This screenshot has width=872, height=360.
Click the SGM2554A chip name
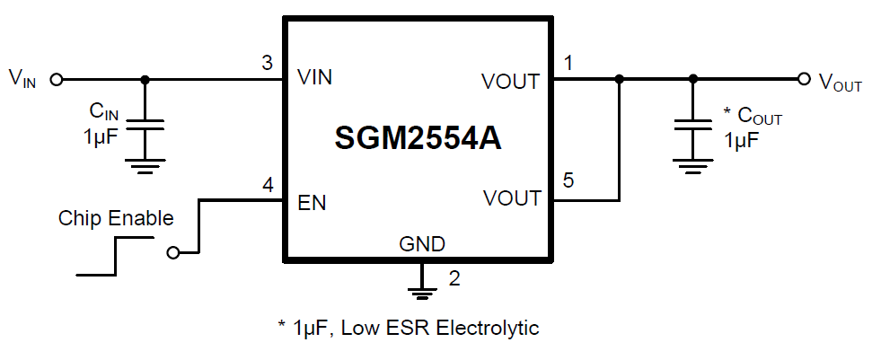(417, 137)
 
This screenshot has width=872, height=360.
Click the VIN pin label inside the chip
(314, 78)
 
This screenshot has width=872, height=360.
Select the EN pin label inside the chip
(311, 203)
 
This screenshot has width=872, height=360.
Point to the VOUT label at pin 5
(510, 198)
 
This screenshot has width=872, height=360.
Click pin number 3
(267, 63)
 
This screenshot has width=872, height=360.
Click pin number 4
(267, 187)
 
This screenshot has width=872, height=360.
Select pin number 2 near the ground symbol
(454, 278)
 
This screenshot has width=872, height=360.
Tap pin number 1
(568, 63)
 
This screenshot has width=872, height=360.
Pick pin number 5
(568, 181)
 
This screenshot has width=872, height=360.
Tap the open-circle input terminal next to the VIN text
(57, 79)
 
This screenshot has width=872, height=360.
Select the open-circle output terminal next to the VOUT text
(804, 79)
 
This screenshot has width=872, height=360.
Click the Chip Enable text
(116, 218)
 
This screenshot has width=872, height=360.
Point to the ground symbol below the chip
(419, 287)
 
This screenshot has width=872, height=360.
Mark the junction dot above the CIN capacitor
(145, 79)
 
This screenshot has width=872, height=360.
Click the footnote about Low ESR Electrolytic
(408, 328)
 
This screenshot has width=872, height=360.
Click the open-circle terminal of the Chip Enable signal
(172, 252)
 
